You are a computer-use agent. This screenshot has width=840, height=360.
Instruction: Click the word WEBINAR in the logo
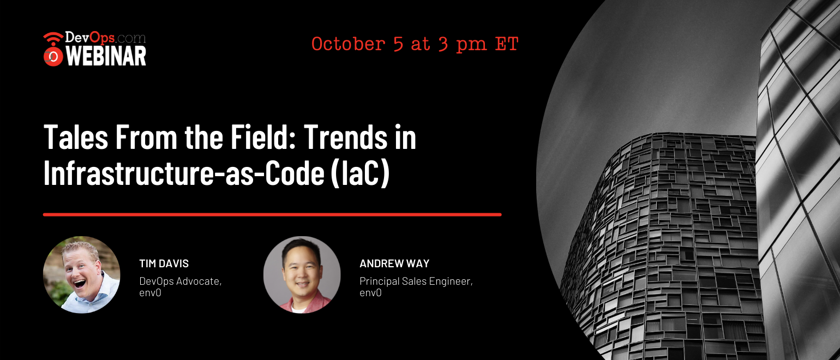[106, 56]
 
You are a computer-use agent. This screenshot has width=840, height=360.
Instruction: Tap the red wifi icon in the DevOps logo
[53, 38]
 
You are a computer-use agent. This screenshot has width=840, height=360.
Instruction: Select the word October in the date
[349, 44]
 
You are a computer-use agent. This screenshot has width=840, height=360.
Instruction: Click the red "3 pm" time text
[462, 45]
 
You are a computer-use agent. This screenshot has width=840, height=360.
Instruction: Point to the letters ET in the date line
[507, 44]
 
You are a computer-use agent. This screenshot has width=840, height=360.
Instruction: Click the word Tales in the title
[76, 137]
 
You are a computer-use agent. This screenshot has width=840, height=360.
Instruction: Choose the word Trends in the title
[345, 137]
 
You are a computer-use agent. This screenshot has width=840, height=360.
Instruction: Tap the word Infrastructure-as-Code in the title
[184, 172]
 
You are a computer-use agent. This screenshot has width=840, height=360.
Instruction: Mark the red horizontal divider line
[272, 214]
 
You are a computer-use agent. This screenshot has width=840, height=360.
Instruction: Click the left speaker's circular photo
[82, 274]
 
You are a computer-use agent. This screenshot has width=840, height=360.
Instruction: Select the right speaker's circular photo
[302, 274]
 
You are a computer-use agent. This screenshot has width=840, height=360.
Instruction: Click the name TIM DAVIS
[164, 263]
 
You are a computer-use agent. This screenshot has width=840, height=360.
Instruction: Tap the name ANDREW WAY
[394, 263]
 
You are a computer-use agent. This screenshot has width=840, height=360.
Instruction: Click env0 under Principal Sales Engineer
[370, 293]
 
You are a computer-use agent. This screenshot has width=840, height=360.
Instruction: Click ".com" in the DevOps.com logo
[130, 38]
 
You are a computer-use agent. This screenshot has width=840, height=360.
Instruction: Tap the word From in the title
[146, 137]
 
